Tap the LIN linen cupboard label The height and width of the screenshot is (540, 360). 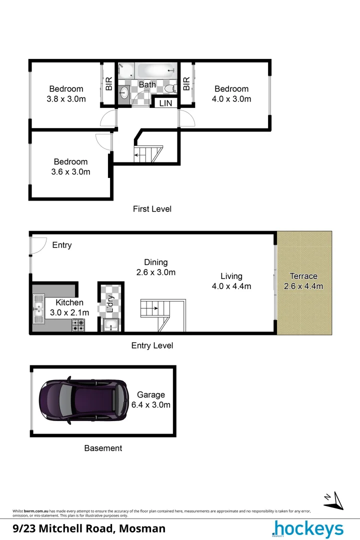click(x=165, y=103)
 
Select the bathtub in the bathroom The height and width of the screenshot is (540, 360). click(x=157, y=70)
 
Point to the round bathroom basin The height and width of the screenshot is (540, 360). click(x=124, y=91)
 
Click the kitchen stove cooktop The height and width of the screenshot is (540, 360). click(x=78, y=325)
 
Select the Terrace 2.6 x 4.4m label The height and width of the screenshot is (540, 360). click(x=303, y=281)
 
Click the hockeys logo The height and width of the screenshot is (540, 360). click(x=307, y=529)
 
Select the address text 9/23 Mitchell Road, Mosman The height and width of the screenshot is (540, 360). click(x=89, y=528)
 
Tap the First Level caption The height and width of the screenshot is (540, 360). click(x=152, y=209)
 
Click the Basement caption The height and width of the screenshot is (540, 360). click(x=103, y=448)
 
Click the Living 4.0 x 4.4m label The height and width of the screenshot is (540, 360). click(x=231, y=281)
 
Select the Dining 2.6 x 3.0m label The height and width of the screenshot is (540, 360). click(x=156, y=267)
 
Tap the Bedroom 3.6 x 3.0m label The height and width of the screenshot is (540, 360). click(x=70, y=167)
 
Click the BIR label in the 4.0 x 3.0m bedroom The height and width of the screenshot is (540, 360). click(x=186, y=83)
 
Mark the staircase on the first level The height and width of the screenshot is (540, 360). click(x=148, y=153)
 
